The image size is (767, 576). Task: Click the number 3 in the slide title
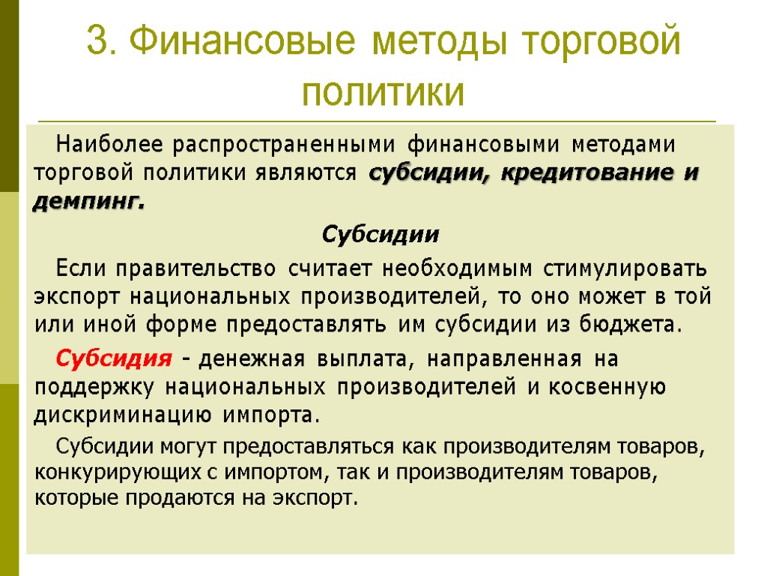point(96,41)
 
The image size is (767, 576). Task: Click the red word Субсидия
point(114,358)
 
